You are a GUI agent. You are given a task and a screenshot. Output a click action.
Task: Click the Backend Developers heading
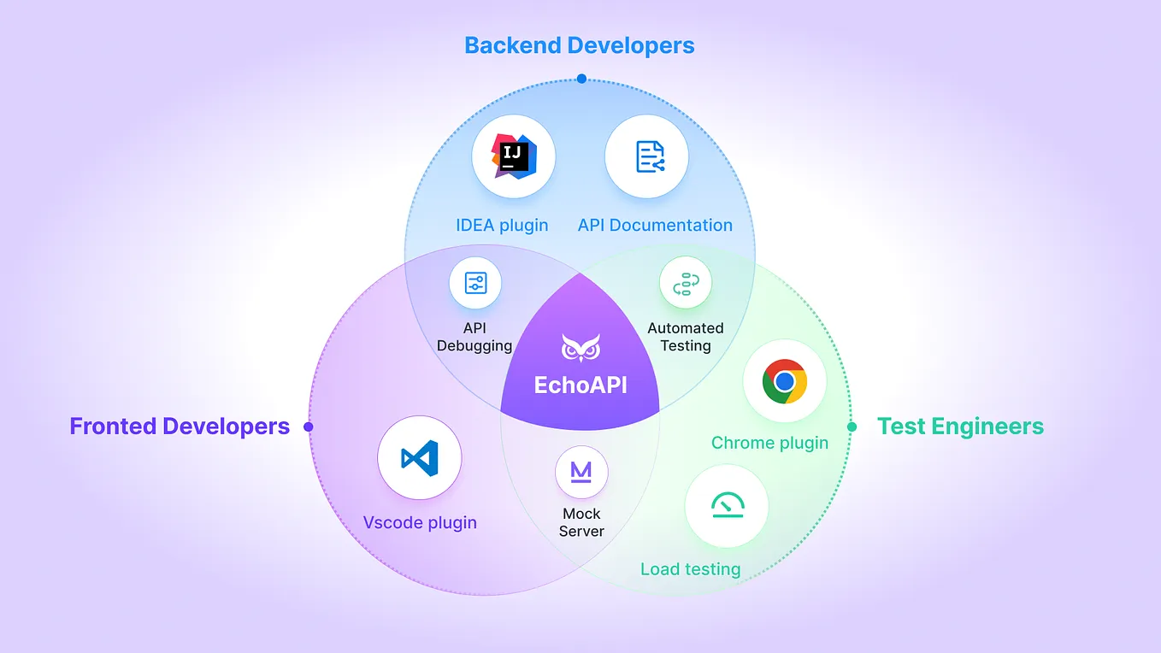tap(579, 45)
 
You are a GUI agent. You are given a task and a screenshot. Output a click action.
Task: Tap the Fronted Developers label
tap(180, 427)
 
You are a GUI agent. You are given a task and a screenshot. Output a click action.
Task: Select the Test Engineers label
tap(960, 427)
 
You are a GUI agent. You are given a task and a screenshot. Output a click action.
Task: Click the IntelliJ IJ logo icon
tap(513, 157)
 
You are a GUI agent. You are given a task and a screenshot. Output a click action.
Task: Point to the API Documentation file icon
tap(646, 157)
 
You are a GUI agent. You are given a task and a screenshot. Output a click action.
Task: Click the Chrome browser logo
tap(785, 381)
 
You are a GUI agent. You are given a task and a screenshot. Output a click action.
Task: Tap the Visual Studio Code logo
tap(420, 458)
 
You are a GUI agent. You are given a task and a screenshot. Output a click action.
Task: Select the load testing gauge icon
tap(727, 507)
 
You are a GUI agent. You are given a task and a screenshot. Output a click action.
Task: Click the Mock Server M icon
tap(581, 472)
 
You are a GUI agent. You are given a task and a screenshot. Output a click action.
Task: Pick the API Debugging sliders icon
tap(475, 283)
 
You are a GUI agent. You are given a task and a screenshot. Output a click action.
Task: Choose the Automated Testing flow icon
tap(686, 283)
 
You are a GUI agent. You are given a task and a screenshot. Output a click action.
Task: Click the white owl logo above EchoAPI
tap(580, 348)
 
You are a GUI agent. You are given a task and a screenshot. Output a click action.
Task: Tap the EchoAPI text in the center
tap(580, 385)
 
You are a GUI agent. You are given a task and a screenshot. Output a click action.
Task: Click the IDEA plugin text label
tap(502, 226)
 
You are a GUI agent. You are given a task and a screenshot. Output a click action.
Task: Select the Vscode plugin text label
tap(420, 522)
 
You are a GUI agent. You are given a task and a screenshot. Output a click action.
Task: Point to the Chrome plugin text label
tap(769, 443)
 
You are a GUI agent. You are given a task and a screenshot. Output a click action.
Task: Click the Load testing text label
tap(690, 568)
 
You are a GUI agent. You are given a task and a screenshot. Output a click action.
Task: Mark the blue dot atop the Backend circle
tap(581, 79)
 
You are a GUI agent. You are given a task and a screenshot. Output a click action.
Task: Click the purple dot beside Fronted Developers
tap(309, 427)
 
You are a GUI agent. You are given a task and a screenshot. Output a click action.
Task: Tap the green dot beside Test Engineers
tap(852, 427)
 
